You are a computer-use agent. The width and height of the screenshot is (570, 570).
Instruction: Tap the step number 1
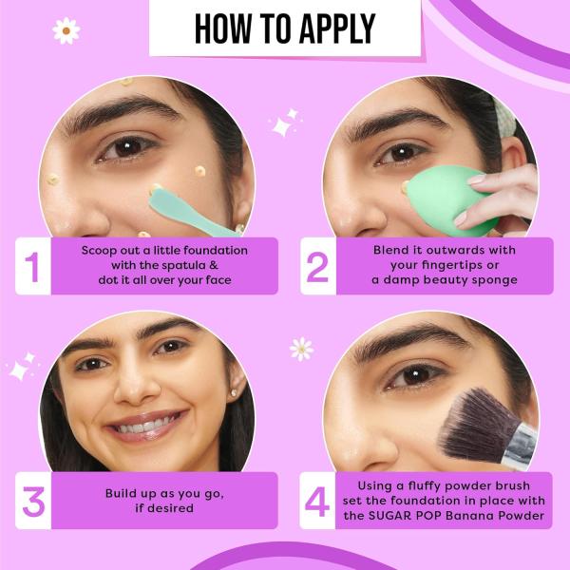(32, 267)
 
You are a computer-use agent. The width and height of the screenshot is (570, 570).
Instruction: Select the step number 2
(317, 267)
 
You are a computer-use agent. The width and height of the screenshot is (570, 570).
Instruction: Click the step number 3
(33, 502)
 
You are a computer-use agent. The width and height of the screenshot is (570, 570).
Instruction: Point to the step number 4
(317, 502)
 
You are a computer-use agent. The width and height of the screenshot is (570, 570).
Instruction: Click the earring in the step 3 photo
(234, 393)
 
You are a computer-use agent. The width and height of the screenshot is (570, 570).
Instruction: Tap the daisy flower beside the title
(66, 31)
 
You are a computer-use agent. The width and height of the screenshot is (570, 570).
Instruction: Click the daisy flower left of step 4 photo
(301, 349)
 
